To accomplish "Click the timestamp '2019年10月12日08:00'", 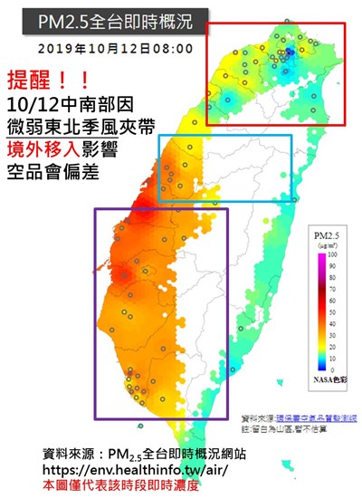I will [116, 47].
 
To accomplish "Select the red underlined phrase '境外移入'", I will [44, 148].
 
